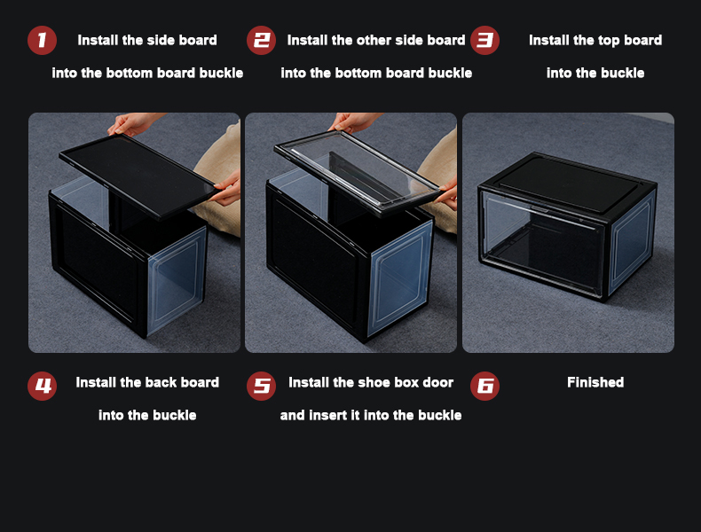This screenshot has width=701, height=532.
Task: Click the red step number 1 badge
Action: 42,40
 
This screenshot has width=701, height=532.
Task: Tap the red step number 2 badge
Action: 261,40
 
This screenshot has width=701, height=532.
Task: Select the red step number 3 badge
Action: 484,40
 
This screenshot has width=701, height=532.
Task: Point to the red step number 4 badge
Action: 42,386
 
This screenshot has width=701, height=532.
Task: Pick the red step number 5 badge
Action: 261,386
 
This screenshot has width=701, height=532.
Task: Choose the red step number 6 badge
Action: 484,386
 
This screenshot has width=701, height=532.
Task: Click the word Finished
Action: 595,382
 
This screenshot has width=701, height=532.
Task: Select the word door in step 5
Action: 437,382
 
